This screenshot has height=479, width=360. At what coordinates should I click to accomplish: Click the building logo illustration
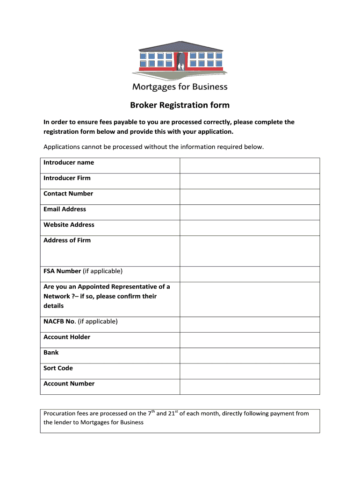180,59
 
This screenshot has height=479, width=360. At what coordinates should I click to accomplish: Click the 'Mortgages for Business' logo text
180,87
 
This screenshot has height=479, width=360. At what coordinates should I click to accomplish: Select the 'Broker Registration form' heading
180,105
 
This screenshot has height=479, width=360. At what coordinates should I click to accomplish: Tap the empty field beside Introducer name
250,166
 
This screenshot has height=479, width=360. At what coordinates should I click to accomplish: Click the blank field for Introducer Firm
250,181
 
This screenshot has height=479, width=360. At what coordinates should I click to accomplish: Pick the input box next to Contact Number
250,196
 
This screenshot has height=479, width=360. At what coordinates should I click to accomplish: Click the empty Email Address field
250,212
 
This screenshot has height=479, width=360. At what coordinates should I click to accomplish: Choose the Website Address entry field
250,227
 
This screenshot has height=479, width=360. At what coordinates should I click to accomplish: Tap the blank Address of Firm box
250,251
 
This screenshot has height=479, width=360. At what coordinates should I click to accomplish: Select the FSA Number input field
250,274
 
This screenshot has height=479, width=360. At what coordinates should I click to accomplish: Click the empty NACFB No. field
250,324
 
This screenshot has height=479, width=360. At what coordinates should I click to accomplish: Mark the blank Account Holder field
250,340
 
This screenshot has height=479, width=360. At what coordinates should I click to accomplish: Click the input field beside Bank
250,355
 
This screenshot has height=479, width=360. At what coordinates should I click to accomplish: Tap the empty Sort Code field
250,371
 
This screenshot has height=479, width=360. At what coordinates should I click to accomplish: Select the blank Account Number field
250,386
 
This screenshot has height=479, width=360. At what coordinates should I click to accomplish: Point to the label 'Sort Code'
59,368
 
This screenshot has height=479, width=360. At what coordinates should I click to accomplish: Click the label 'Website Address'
69,225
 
